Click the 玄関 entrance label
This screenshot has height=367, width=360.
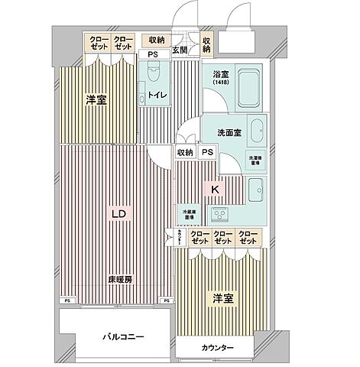click(180, 50)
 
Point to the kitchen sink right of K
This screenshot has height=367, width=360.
click(255, 189)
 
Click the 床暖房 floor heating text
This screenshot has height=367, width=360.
click(119, 280)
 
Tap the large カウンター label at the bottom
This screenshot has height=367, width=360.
click(218, 349)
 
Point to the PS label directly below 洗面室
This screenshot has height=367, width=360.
click(207, 152)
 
